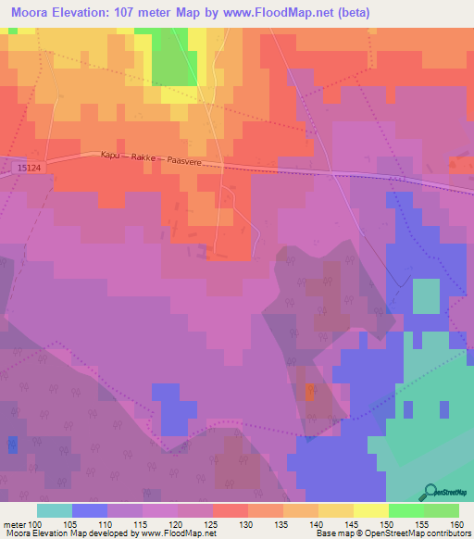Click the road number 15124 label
[28, 168]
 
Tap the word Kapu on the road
[111, 157]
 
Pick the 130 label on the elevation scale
[248, 523]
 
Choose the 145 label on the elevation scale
[354, 523]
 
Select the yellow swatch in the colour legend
[371, 510]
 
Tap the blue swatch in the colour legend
[90, 510]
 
